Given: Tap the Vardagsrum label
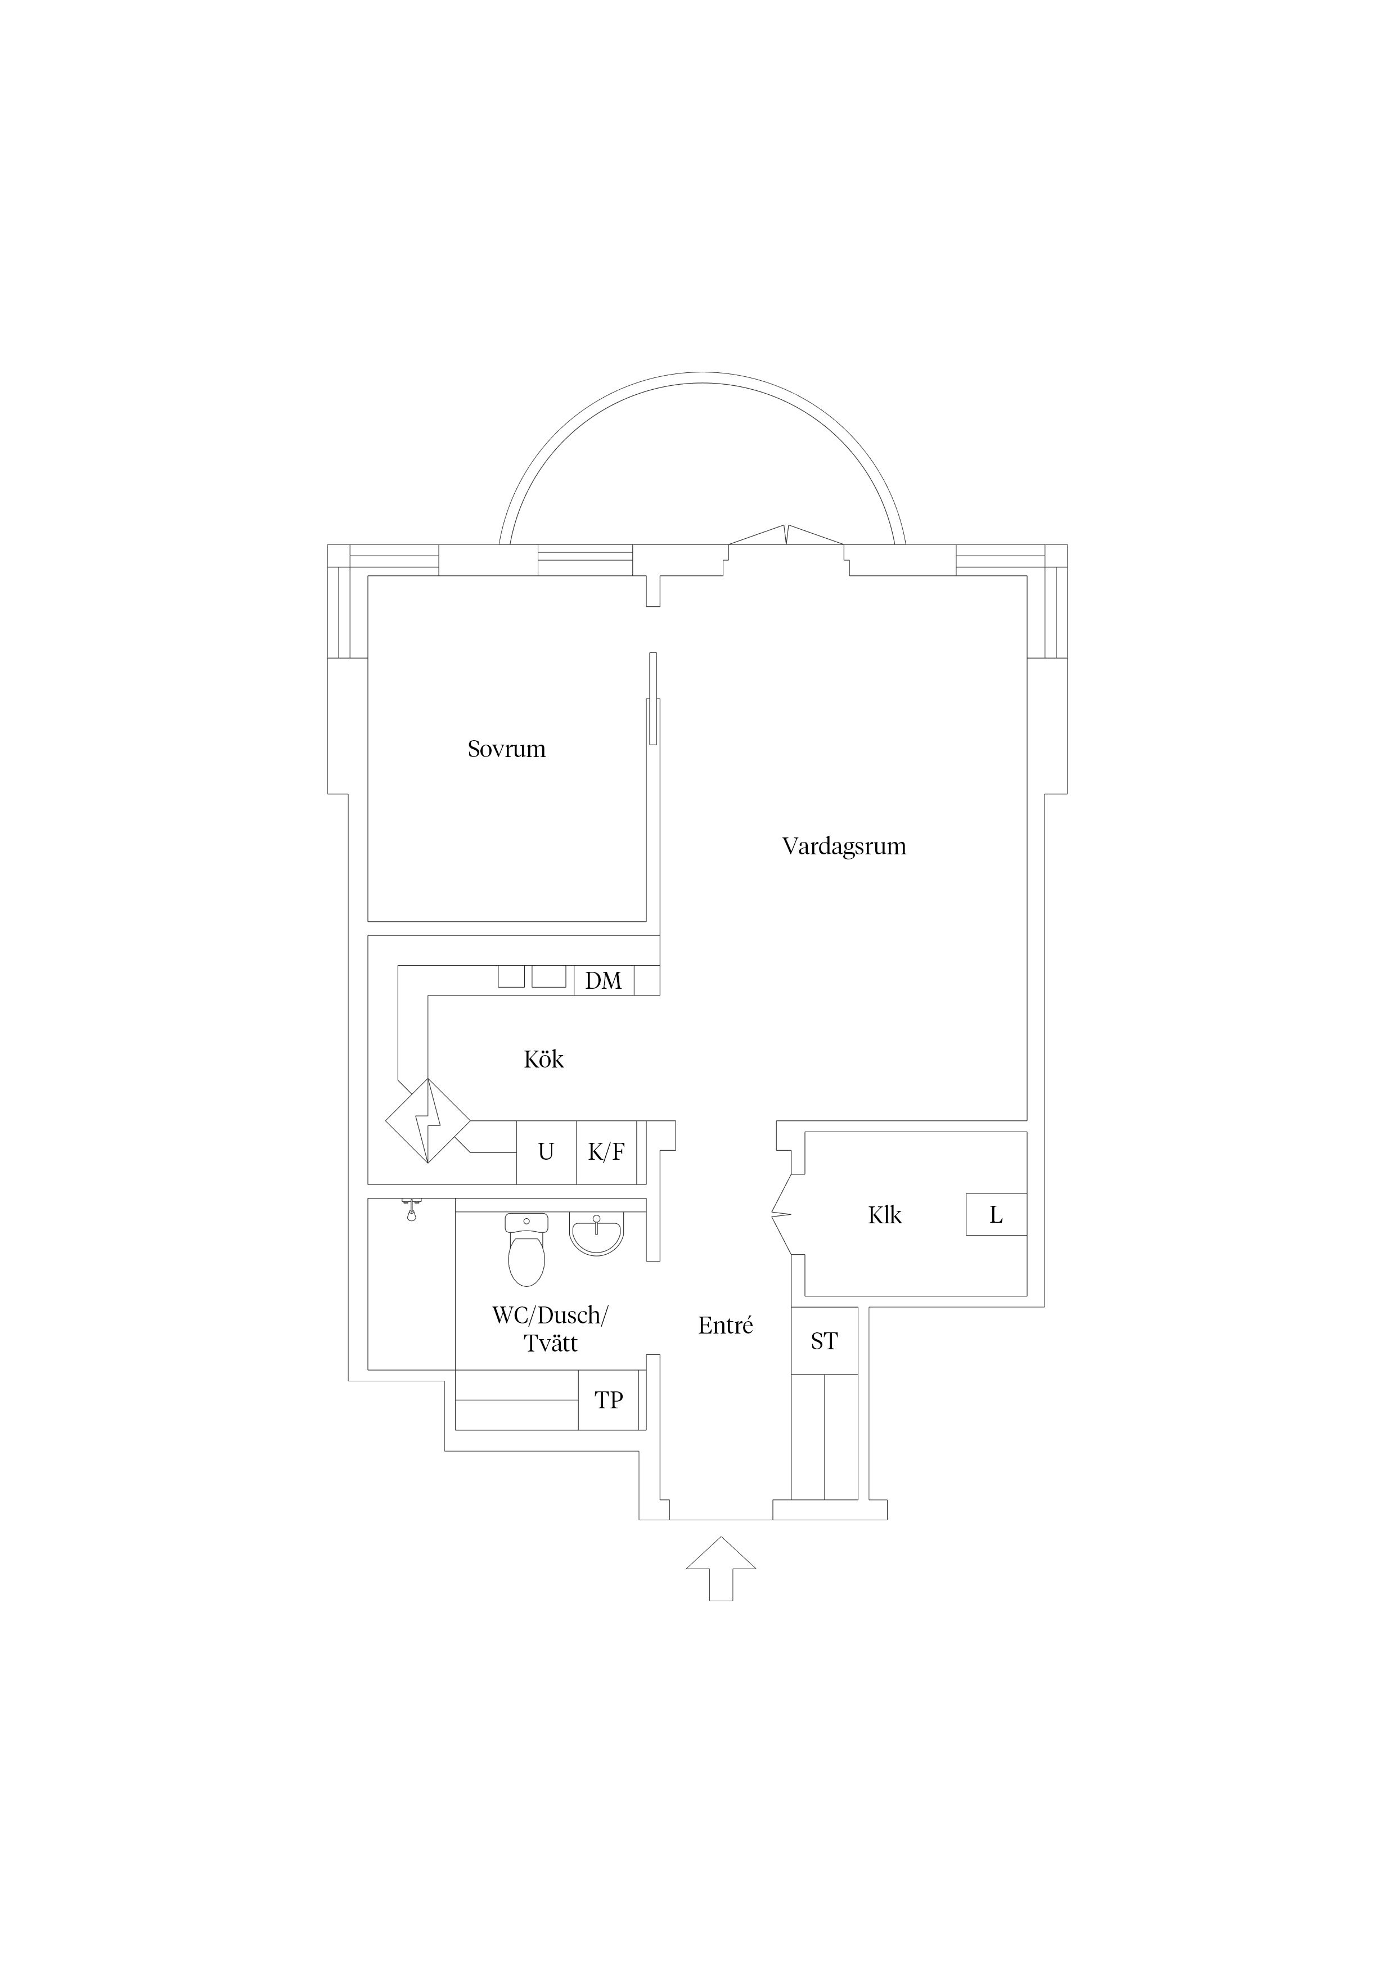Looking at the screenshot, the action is pos(844,847).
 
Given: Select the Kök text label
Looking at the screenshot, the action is pos(544,1060).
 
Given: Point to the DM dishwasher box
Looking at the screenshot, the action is pos(604,980).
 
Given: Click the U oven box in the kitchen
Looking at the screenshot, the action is pos(546,1152).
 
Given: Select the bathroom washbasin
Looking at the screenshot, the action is pos(596,1236).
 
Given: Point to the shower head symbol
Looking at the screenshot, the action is pos(412,1209).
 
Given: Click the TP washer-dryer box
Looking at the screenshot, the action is pos(609,1400).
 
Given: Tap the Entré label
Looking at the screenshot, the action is pos(726,1326).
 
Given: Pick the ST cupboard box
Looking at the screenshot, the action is pos(824,1341).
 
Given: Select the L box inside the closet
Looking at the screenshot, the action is pos(996,1214).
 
